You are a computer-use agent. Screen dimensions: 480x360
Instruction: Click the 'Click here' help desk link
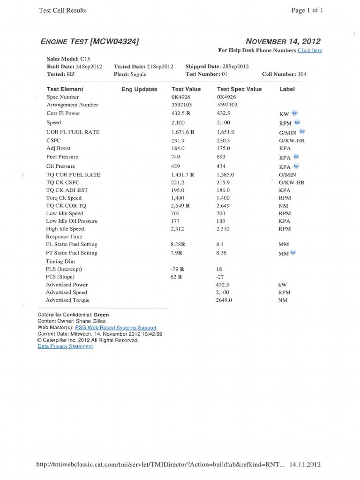point(309,51)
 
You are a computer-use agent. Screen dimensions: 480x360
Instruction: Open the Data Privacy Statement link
point(66,347)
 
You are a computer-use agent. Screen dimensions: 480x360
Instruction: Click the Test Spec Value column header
point(239,89)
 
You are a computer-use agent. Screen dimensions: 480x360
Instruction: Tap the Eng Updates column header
point(139,89)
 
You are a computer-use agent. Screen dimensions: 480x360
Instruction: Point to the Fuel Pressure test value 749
point(176,157)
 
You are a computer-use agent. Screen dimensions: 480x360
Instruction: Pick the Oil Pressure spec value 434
point(221,166)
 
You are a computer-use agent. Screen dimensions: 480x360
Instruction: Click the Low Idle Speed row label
point(64,213)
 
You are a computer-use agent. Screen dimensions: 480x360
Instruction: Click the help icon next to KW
point(295,113)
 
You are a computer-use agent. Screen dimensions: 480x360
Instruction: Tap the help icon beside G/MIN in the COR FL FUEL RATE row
point(302,132)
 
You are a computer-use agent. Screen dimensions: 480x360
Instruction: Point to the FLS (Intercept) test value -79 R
point(177,269)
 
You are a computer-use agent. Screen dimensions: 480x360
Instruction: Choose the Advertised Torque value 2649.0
point(224,300)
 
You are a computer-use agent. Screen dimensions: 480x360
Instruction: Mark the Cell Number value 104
point(302,74)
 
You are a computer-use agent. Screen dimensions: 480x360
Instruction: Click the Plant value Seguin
point(138,74)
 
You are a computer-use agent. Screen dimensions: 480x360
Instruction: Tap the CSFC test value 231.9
point(178,140)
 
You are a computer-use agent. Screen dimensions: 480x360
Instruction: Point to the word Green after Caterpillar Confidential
point(101,315)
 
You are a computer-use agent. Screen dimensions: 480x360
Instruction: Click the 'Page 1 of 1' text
point(307,10)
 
